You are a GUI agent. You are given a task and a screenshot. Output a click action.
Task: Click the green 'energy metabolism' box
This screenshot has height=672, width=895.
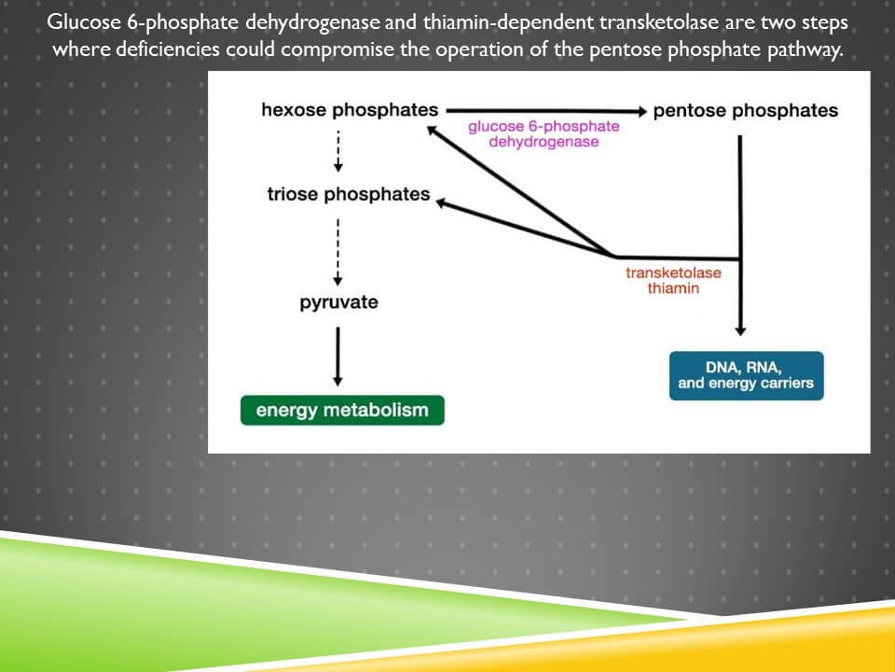(x=342, y=410)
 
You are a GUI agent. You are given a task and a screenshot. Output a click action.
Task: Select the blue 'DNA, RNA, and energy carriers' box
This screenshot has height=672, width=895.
(x=746, y=375)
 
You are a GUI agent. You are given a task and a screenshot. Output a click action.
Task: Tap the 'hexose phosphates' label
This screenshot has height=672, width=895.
(x=350, y=110)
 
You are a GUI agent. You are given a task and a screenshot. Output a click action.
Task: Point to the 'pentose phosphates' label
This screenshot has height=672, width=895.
(x=746, y=111)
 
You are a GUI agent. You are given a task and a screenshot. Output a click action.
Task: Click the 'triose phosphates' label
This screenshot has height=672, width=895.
(x=349, y=194)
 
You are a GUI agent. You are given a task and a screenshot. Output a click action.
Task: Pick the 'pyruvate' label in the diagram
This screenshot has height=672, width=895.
(x=339, y=302)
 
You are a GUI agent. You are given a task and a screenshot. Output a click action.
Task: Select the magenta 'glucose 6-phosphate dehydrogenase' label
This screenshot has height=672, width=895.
(x=544, y=133)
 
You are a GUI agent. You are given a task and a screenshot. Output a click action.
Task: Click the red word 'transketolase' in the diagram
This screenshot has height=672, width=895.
(x=673, y=273)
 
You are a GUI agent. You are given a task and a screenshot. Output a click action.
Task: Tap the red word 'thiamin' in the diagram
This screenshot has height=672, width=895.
(x=673, y=288)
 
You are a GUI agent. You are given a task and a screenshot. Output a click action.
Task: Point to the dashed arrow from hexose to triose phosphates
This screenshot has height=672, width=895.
(x=337, y=149)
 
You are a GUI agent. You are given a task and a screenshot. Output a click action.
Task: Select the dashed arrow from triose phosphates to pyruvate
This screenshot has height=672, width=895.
(x=337, y=252)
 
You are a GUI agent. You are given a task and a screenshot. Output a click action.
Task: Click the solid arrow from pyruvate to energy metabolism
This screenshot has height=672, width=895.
(x=337, y=355)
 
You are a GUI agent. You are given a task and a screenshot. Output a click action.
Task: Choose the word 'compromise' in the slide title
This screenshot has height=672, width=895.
(x=338, y=49)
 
